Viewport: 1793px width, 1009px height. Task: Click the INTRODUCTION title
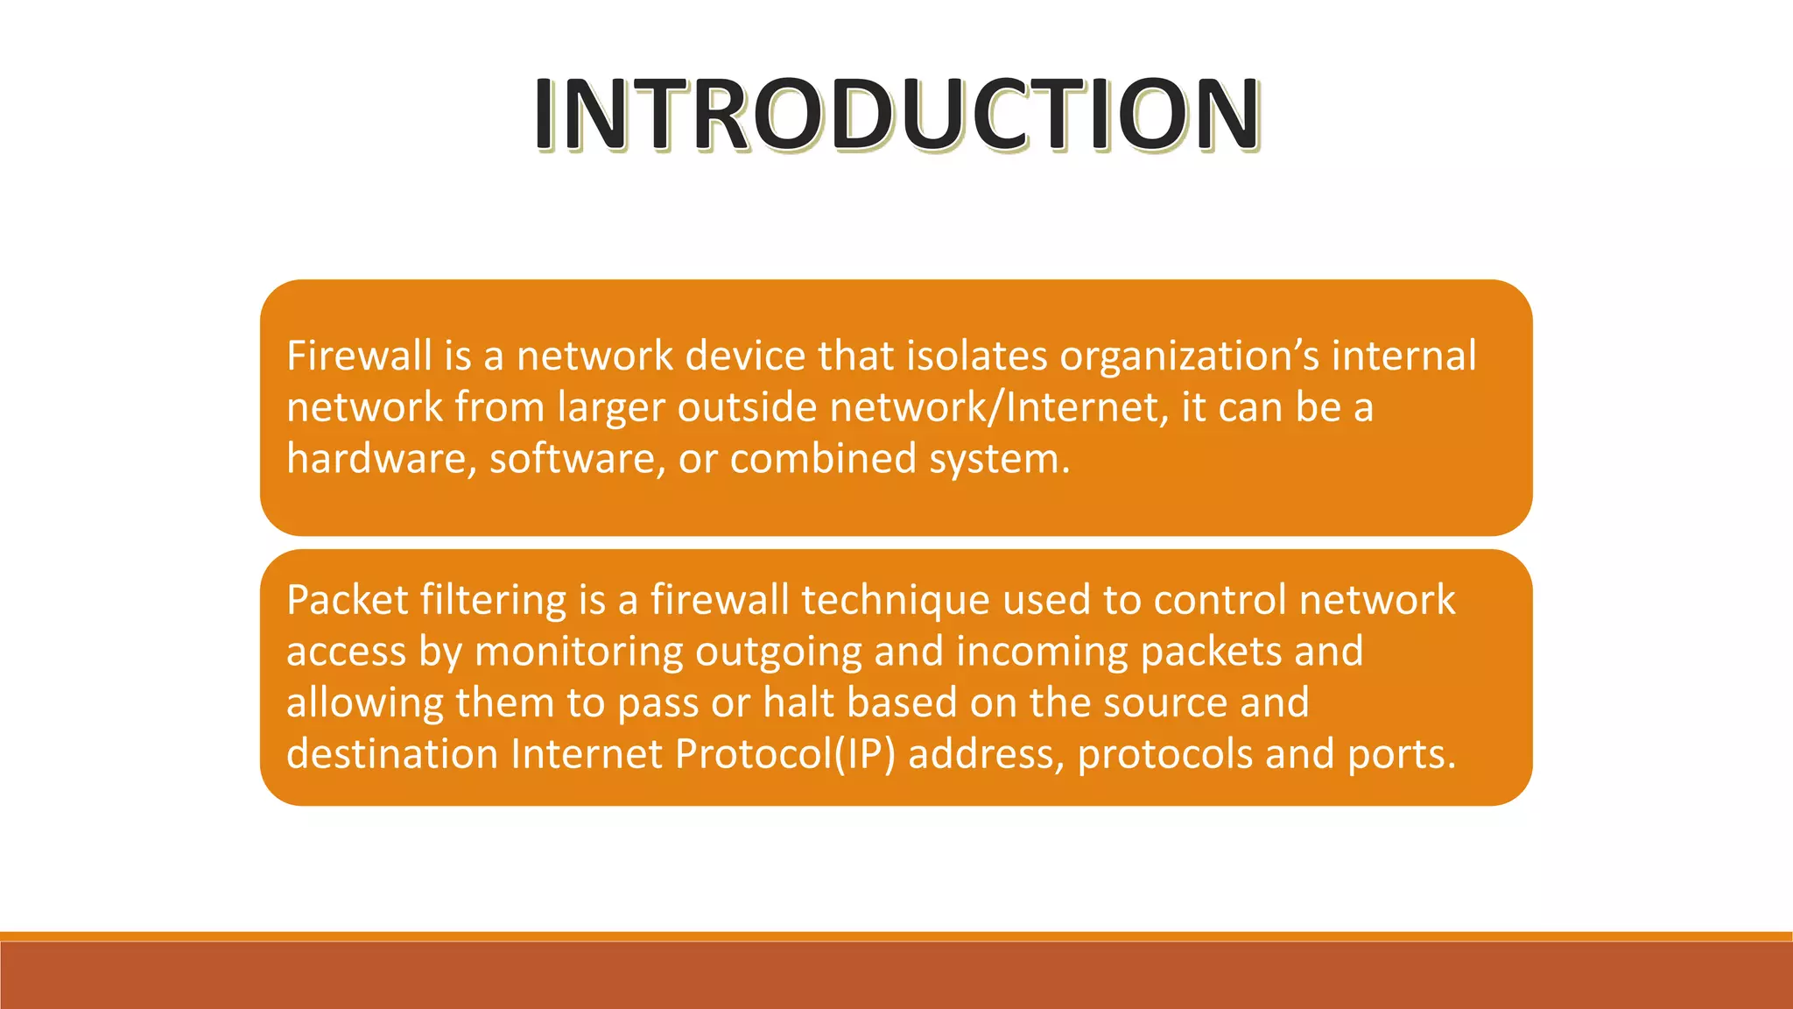tap(896, 114)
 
